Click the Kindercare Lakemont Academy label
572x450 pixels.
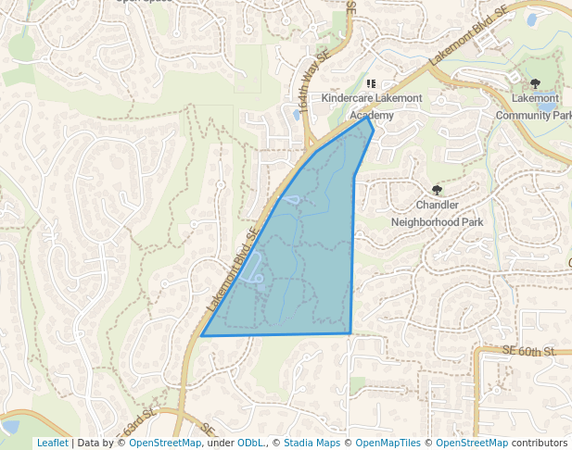(x=372, y=106)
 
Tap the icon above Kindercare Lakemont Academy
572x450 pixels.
(x=372, y=84)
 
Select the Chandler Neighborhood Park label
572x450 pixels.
(x=438, y=213)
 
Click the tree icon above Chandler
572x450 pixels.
(x=438, y=190)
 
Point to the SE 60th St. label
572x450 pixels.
(x=528, y=351)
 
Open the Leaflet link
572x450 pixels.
(x=52, y=443)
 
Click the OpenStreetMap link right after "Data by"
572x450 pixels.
(x=165, y=443)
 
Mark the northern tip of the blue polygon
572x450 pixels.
(x=368, y=118)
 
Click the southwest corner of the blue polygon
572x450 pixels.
(x=202, y=335)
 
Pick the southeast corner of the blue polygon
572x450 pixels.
(x=350, y=332)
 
